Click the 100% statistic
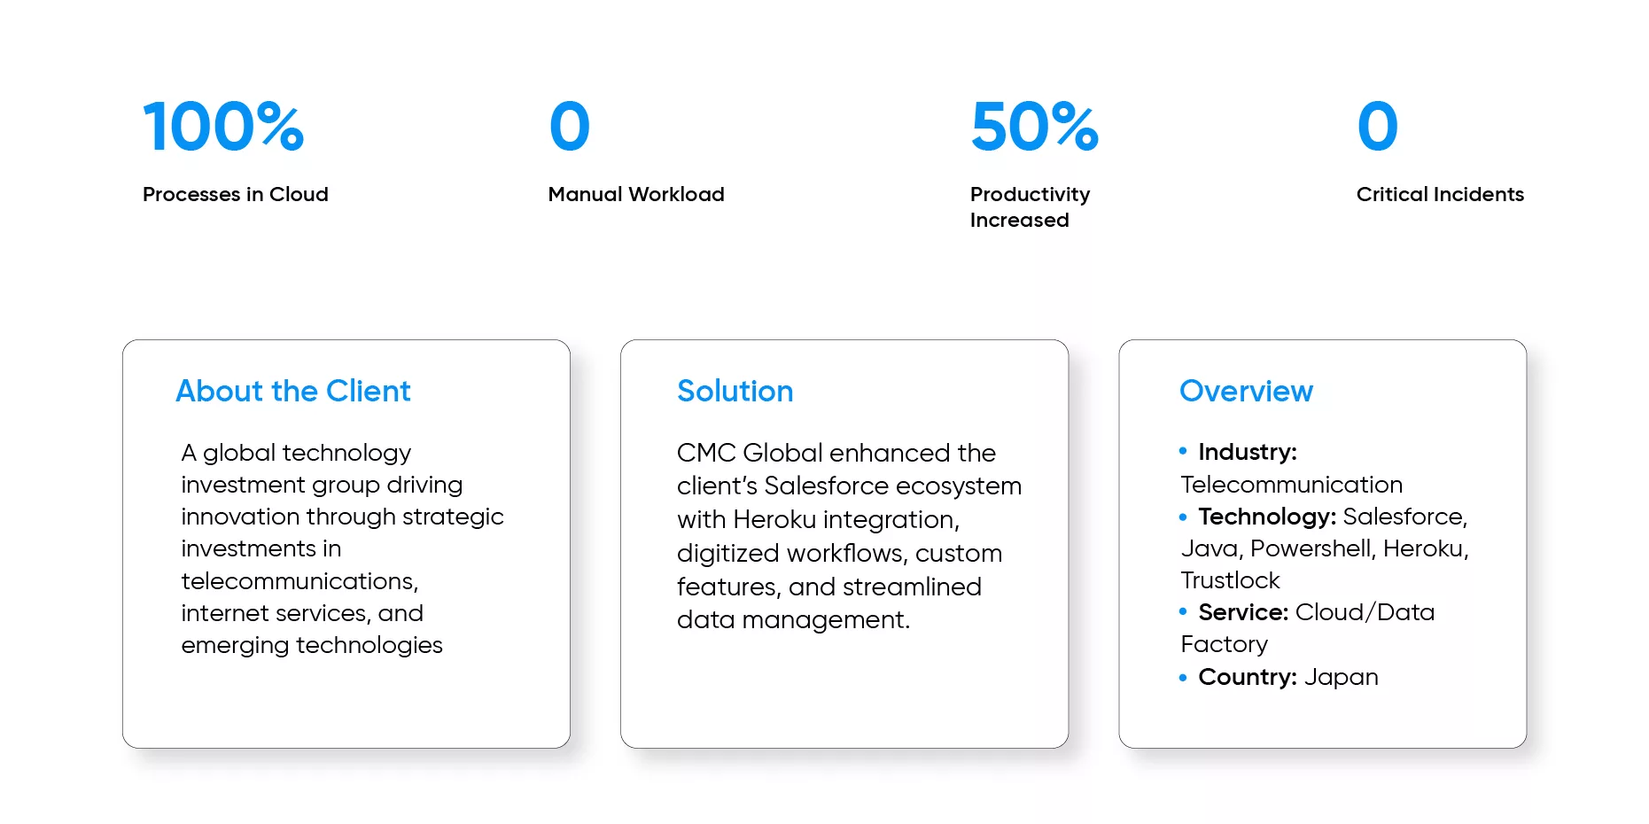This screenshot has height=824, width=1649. coord(223,126)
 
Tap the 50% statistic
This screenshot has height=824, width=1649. coord(1034,126)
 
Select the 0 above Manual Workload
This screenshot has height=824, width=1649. coord(569,126)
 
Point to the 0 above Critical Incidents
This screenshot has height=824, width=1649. coord(1377,126)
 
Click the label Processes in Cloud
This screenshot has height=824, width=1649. coord(236,194)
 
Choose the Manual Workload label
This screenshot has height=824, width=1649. coord(636,194)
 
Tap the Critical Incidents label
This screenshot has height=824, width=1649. coord(1440,194)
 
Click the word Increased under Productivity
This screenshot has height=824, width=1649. coord(1019,220)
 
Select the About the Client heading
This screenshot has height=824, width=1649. coord(293,391)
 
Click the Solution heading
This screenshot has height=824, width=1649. coord(735,391)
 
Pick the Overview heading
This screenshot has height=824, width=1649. coord(1246,391)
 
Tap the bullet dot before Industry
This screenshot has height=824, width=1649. coord(1183,451)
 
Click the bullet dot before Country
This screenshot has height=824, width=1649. coord(1183,678)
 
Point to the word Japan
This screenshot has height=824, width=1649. coord(1341,678)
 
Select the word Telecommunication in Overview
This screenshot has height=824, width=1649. coord(1291,485)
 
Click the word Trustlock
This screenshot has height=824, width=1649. coord(1230,580)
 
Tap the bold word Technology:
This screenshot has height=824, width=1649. coord(1267,517)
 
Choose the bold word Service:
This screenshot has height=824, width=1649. coord(1243,612)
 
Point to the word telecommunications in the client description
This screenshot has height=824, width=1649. coord(299,581)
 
